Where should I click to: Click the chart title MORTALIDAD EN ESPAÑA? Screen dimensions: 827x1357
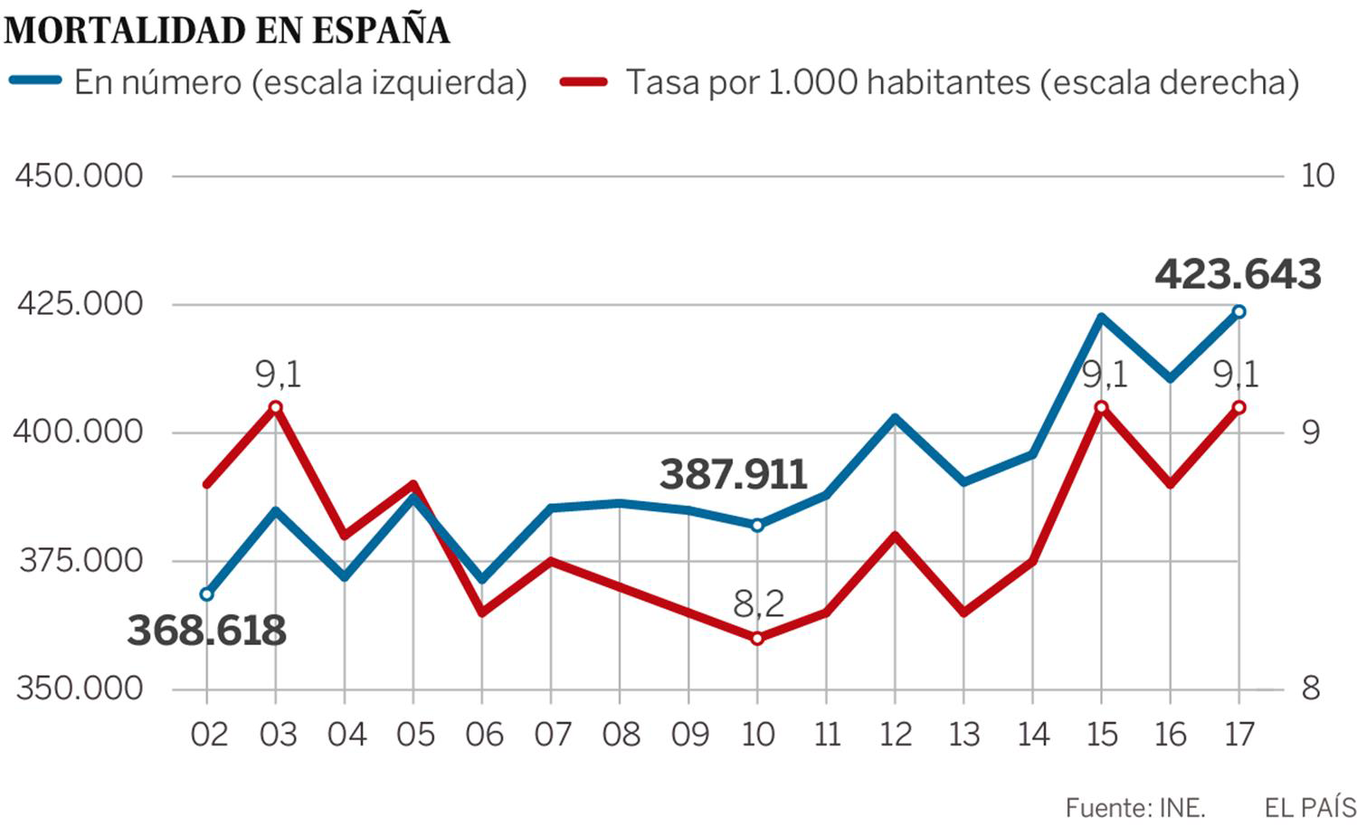pos(226,30)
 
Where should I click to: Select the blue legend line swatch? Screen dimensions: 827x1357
pos(35,81)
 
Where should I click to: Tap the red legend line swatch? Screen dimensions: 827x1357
pos(584,81)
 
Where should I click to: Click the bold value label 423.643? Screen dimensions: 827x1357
pos(1238,274)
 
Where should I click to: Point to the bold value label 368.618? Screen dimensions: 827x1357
pos(206,631)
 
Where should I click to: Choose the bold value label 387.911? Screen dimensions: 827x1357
pos(733,475)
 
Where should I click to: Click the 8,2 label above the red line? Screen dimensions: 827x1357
pos(758,604)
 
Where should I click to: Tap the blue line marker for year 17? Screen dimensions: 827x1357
pos(1239,311)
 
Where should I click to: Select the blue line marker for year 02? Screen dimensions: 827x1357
pos(206,594)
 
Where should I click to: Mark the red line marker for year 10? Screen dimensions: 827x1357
pos(757,639)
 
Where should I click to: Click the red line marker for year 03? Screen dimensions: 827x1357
pos(276,407)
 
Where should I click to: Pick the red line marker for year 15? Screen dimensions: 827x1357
pos(1101,407)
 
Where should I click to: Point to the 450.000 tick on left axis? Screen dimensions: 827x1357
pos(80,176)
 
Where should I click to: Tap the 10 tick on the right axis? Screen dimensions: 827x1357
pos(1317,176)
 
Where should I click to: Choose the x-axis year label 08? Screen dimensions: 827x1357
pos(621,735)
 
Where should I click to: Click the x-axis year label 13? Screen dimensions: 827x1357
pos(963,735)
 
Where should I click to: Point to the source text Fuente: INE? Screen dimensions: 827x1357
pos(1134,807)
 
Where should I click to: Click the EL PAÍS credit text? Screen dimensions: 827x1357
pos(1310,807)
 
